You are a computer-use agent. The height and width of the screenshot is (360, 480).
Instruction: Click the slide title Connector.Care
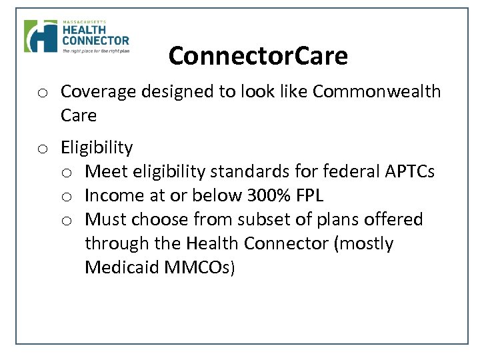point(258,56)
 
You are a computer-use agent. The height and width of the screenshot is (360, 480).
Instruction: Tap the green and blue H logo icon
point(41,36)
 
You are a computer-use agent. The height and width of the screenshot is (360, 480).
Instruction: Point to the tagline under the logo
point(95,50)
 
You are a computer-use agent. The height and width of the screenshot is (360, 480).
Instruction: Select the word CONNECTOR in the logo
point(96,41)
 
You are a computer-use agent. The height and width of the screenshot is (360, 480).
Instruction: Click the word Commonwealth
point(377,91)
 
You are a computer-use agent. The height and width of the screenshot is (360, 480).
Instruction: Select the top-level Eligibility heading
point(97,147)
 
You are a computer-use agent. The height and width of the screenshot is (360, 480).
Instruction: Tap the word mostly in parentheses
point(367,243)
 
